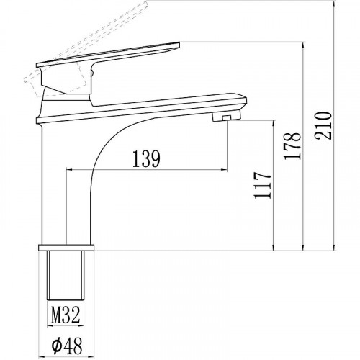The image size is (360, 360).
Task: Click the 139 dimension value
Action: (145, 158)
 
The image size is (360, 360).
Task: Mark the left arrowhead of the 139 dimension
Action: (70, 170)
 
